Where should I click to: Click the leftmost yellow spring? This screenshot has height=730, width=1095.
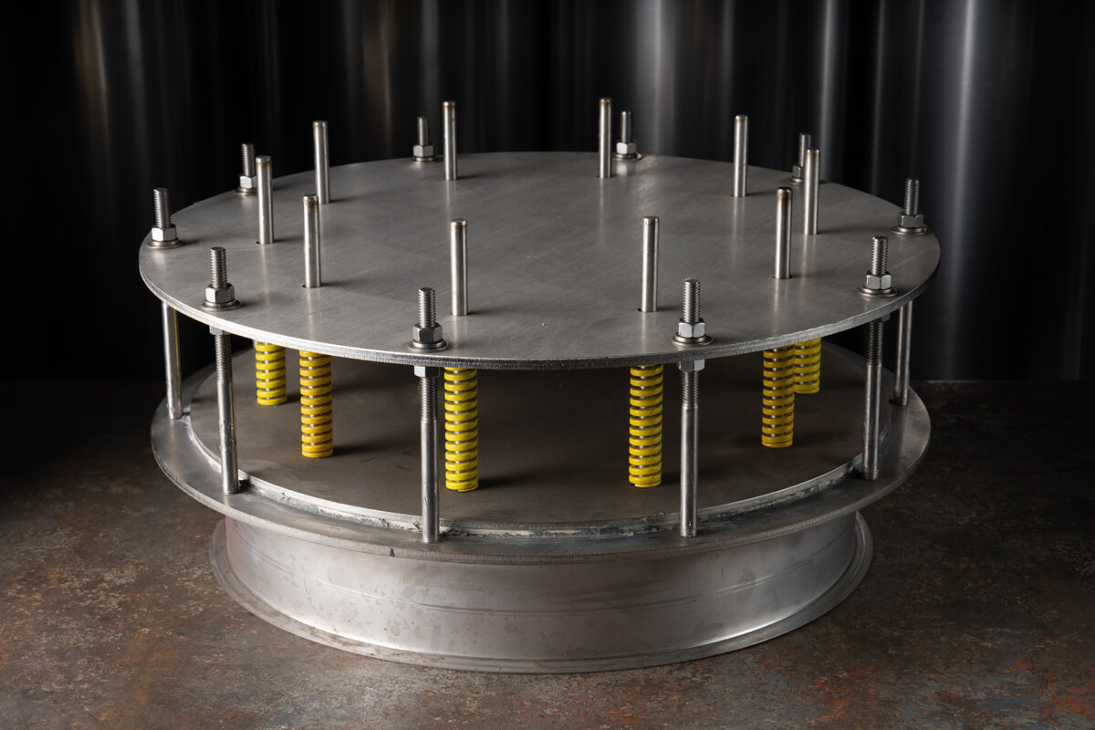click(270, 373)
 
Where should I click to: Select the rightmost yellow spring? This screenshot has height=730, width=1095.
click(807, 366)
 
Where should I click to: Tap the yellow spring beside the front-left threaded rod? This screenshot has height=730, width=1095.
click(461, 429)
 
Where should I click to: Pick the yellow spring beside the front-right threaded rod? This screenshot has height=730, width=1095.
click(645, 425)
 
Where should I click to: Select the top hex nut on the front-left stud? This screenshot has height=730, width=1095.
click(428, 333)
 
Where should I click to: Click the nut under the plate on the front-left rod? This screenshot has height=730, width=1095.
click(426, 371)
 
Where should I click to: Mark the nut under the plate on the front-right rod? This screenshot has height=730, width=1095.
click(691, 365)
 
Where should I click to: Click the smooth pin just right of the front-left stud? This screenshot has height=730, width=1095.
click(458, 266)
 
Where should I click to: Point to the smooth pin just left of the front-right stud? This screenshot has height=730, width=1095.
click(649, 264)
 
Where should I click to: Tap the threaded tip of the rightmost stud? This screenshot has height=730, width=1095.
click(911, 195)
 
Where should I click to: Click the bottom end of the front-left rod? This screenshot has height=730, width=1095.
click(429, 537)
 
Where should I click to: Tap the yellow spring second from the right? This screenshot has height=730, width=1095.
click(777, 396)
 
